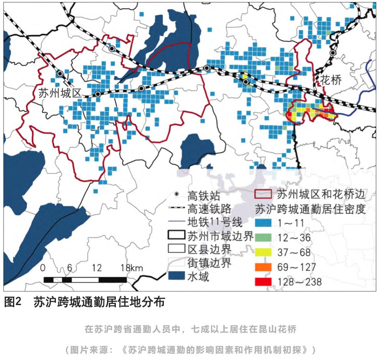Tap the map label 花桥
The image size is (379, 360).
click(x=331, y=81)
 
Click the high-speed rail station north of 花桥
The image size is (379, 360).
click(x=333, y=53)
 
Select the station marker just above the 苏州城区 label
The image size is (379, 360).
click(x=59, y=73)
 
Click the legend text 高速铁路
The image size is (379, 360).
click(x=209, y=209)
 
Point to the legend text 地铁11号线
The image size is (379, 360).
click(x=215, y=222)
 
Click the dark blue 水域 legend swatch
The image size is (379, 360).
click(x=176, y=277)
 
